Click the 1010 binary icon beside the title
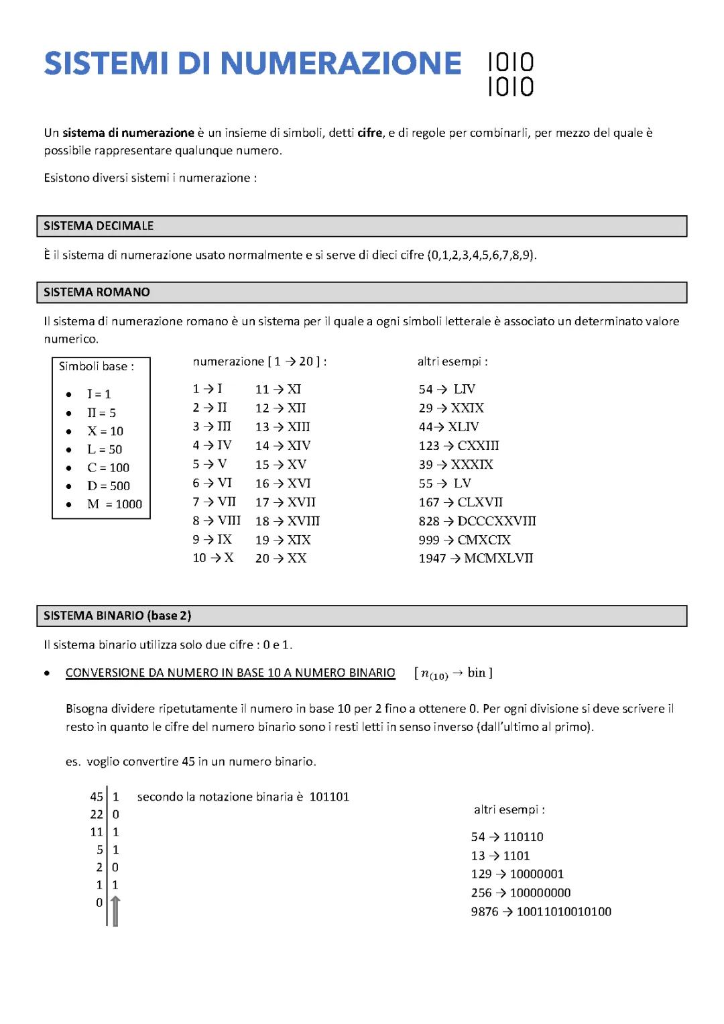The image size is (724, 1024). click(x=511, y=74)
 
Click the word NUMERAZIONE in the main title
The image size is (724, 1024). click(x=340, y=64)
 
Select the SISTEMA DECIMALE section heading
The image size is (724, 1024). click(x=99, y=226)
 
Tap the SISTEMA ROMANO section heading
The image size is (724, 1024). click(x=97, y=292)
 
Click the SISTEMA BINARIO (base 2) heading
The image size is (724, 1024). click(x=117, y=616)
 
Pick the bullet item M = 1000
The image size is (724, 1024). click(x=114, y=504)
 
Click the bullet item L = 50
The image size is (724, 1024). click(x=105, y=449)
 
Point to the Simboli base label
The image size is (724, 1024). click(x=96, y=366)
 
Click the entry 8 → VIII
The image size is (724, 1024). click(x=217, y=521)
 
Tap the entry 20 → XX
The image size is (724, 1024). click(x=281, y=559)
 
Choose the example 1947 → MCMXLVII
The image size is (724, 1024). click(x=476, y=559)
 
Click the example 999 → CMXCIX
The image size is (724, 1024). click(x=465, y=540)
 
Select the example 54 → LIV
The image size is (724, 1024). click(x=447, y=390)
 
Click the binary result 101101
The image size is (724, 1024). click(x=329, y=797)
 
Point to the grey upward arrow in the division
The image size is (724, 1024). click(x=115, y=911)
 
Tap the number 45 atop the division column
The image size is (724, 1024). click(x=97, y=797)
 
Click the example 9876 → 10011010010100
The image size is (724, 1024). click(x=541, y=912)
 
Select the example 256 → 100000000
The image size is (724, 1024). click(x=521, y=893)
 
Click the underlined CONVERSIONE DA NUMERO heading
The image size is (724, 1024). click(x=230, y=673)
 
